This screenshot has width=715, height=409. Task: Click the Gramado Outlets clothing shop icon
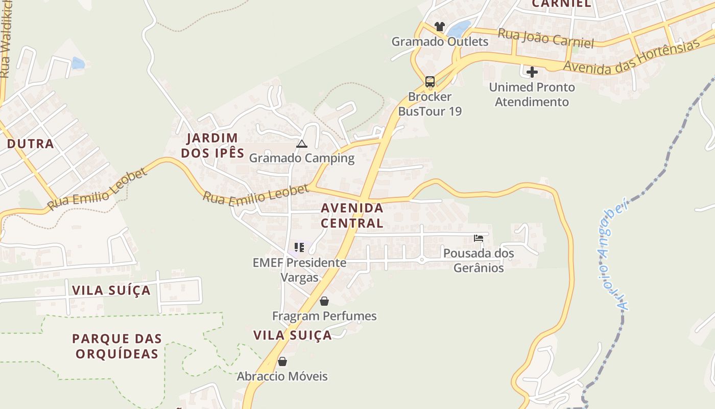point(440,26)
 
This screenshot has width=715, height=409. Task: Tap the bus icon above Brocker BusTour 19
point(430,81)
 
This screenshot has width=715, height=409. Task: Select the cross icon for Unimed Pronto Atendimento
point(532,72)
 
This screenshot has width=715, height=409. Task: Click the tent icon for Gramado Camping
point(302,144)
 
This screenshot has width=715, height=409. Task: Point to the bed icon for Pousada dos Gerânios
point(479,238)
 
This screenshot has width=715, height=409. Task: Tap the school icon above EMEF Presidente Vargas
point(299,248)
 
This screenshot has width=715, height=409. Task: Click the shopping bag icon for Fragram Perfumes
point(324,301)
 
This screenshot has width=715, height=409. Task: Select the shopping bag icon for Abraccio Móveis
point(282,361)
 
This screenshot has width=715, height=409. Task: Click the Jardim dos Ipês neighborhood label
point(212,145)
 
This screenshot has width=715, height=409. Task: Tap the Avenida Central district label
point(352,215)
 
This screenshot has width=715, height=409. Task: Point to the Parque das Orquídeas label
point(117,346)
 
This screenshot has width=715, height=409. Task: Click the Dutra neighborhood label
point(31,144)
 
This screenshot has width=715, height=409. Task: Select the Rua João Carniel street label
point(545,38)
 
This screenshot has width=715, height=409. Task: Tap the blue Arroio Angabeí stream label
point(611,256)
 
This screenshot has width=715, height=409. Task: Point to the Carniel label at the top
point(561,4)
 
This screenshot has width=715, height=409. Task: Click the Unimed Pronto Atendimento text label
point(532,95)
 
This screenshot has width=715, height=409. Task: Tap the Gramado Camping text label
point(301,158)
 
